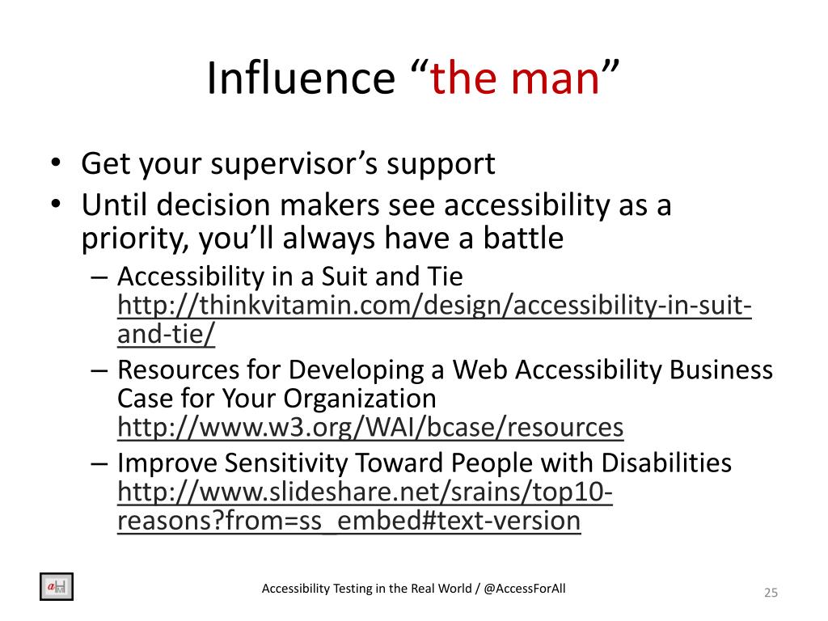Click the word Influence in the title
301,78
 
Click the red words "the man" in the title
515,78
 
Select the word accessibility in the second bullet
527,206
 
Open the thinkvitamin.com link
434,319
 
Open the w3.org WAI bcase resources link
370,427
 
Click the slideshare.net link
365,506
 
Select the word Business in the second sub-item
720,370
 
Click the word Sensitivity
285,463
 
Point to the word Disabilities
666,463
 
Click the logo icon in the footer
57,587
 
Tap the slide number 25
771,593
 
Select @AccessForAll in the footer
524,589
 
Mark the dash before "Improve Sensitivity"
99,463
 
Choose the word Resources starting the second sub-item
178,370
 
